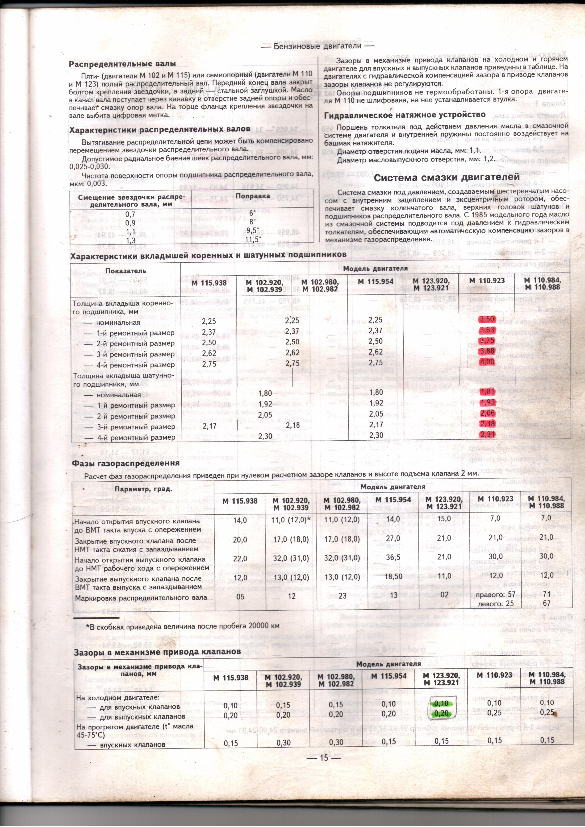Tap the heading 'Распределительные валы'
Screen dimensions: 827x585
tap(123, 64)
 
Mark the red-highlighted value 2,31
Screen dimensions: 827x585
tap(487, 434)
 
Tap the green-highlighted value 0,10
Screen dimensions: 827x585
tap(442, 703)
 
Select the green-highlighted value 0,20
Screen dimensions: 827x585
tap(442, 713)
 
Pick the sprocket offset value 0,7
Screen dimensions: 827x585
tap(130, 214)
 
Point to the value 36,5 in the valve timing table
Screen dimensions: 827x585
tap(393, 557)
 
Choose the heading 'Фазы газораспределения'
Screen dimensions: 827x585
tap(126, 463)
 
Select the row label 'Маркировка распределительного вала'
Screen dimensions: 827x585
tap(141, 598)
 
